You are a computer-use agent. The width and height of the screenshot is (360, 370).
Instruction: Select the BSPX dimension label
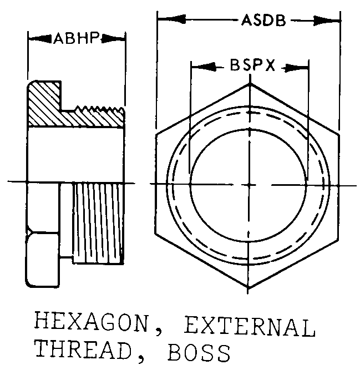pyautogui.click(x=251, y=66)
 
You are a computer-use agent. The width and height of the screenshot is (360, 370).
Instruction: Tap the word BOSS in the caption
pyautogui.click(x=194, y=351)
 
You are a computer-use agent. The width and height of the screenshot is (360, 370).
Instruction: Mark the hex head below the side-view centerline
pyautogui.click(x=41, y=233)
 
